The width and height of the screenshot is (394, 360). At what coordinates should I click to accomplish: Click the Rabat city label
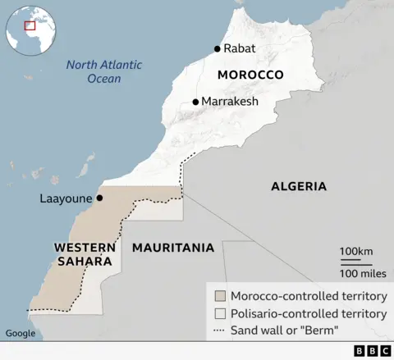pos(240,48)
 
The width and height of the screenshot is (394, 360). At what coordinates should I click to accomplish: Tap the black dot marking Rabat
pos(218,48)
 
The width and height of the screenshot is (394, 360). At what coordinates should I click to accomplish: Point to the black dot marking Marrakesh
pos(195,102)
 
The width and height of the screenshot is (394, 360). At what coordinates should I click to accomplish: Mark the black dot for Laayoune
pos(99,198)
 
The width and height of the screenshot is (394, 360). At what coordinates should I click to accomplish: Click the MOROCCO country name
pos(250,75)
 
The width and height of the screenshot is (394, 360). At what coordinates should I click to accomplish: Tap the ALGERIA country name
pos(299,186)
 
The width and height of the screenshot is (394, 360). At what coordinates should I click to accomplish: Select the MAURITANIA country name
pos(173,247)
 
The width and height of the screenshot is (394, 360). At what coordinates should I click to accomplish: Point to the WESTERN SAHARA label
pos(82,253)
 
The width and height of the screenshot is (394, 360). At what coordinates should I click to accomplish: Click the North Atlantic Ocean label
pos(104,71)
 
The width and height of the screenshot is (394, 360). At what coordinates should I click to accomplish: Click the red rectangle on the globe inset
pos(30,25)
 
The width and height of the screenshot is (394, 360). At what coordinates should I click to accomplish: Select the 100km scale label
pos(356,250)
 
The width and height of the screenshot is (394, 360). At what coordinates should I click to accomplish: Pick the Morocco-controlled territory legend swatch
pos(219,296)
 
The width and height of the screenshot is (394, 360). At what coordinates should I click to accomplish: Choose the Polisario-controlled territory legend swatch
pos(219,313)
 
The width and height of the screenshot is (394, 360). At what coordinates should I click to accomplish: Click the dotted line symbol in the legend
pos(219,330)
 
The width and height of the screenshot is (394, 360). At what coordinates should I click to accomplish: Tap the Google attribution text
pos(21,333)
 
